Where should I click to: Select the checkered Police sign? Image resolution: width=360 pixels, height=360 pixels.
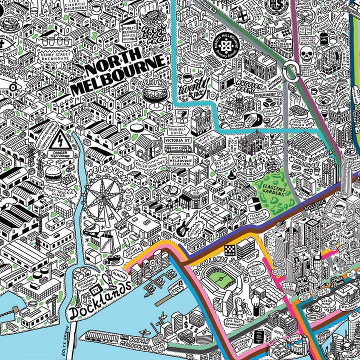(x=229, y=247)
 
